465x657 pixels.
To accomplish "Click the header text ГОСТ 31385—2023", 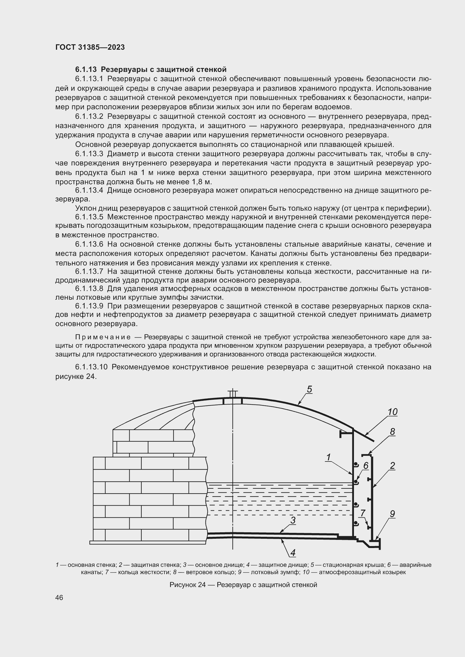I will pos(90,47).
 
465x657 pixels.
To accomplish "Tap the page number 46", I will pos(59,598).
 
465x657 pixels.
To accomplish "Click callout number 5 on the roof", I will pos(309,389).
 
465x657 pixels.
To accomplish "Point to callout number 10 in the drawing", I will pos(392,412).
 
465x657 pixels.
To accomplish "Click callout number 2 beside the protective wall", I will pos(392,466).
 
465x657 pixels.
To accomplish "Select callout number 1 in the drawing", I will pos(328,457).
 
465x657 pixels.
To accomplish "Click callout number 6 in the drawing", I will pos(366,466).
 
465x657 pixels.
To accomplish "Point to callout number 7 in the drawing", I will pos(363,513).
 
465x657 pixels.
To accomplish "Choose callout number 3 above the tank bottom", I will pos(293,520).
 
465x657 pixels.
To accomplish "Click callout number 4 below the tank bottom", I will pos(293,553).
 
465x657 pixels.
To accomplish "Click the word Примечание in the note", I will pos(103,337).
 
